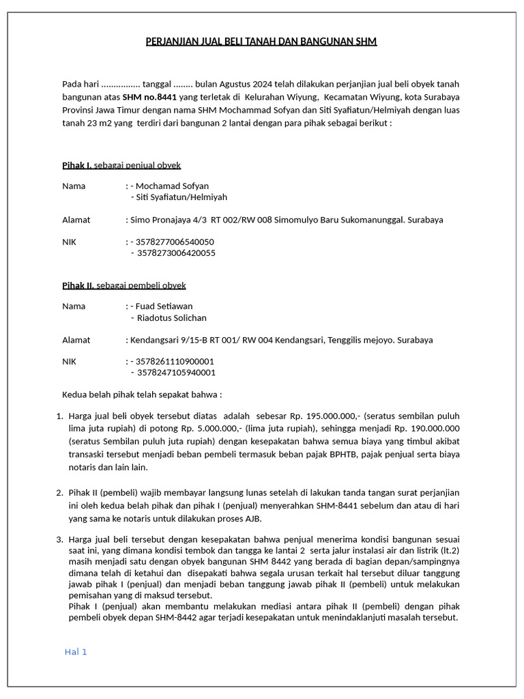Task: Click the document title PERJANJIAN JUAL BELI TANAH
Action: [261, 42]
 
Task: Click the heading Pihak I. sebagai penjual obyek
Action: [121, 165]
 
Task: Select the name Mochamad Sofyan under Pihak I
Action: [172, 186]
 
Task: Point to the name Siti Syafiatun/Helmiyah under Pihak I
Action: [181, 197]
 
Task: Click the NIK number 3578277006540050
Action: [175, 242]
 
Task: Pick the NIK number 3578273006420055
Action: [176, 253]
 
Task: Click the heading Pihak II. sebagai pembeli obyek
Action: [123, 285]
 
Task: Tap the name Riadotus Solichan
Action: [171, 318]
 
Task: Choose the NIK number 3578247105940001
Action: [176, 373]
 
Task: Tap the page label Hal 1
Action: [76, 652]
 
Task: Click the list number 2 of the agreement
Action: [59, 492]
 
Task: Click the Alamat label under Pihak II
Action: [76, 340]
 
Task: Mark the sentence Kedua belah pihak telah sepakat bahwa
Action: [142, 395]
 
